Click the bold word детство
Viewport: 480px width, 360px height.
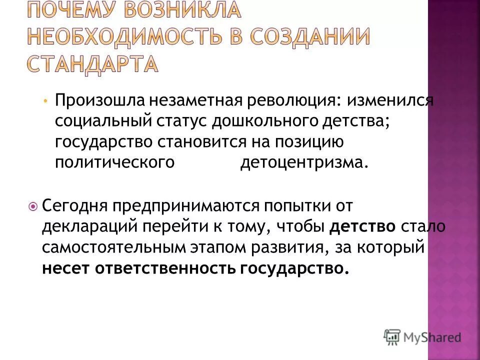pyautogui.click(x=362, y=226)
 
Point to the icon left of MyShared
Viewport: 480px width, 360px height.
pyautogui.click(x=392, y=336)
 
